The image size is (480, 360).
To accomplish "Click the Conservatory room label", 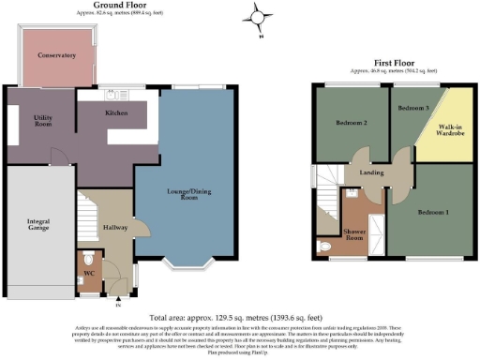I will coord(56,55).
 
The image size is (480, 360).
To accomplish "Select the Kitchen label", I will coord(116,112).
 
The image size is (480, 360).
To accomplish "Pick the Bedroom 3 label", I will coord(412,109).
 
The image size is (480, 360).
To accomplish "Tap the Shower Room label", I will coord(353,232).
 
